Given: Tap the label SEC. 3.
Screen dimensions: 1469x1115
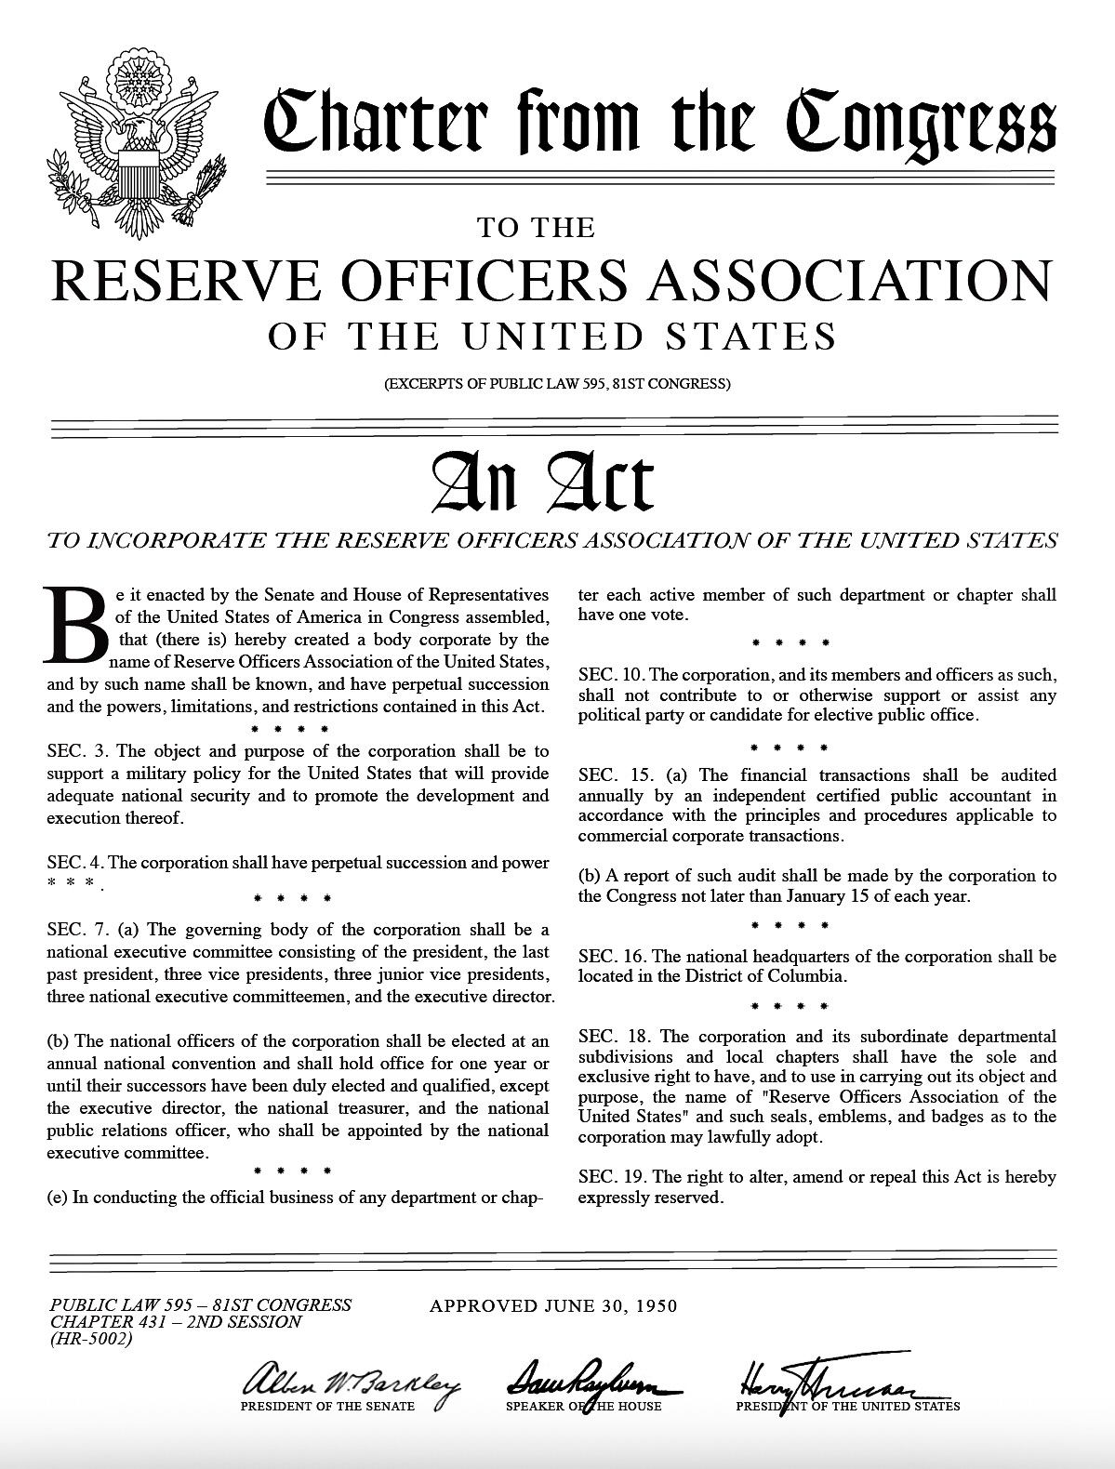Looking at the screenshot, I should pyautogui.click(x=77, y=751).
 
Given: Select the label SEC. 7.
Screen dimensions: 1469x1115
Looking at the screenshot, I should pyautogui.click(x=77, y=930).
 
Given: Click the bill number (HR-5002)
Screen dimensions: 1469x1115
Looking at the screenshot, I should pyautogui.click(x=92, y=1340).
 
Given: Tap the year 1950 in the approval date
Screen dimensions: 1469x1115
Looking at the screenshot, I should pyautogui.click(x=654, y=1305).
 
